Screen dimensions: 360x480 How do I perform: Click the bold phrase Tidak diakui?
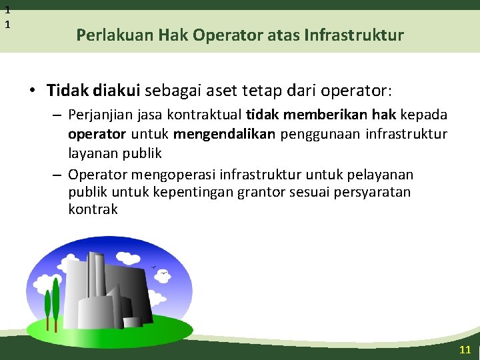pyautogui.click(x=93, y=90)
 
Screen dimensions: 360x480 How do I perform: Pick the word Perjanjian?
pyautogui.click(x=101, y=115)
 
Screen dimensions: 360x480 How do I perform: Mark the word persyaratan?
pyautogui.click(x=377, y=192)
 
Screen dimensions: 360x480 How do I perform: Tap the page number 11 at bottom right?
pyautogui.click(x=465, y=350)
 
